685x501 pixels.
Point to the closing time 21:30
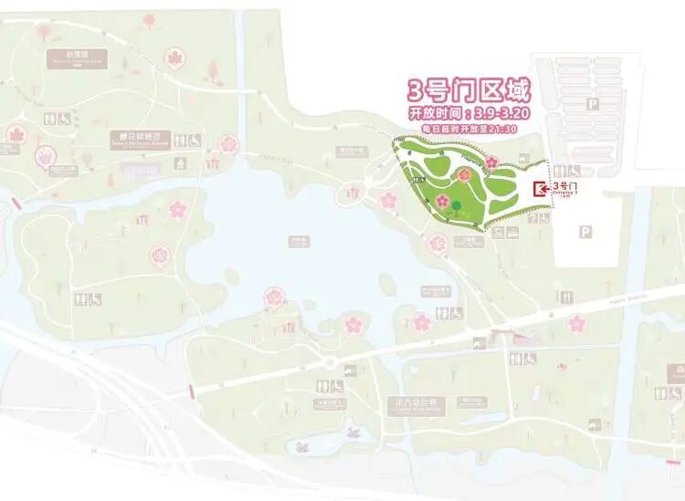(x=503, y=129)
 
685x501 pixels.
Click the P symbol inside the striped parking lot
(x=593, y=106)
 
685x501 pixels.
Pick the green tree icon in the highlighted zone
(x=457, y=204)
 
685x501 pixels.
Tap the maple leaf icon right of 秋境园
(x=174, y=58)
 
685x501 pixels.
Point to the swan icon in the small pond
(x=302, y=447)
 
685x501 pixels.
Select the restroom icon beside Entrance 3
(x=574, y=172)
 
